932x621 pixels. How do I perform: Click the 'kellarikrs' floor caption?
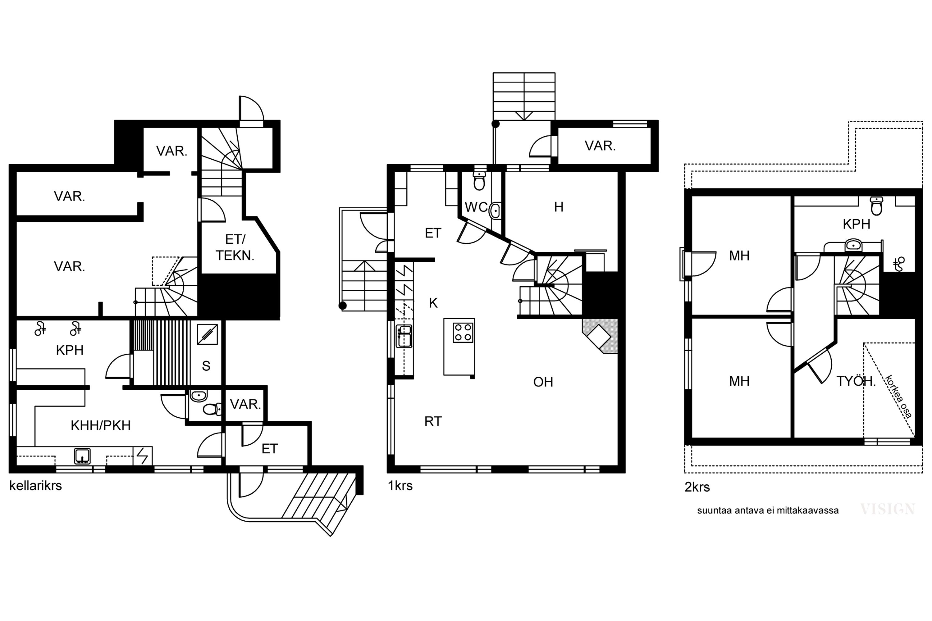[x=36, y=486]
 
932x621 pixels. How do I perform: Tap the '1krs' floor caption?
[x=400, y=486]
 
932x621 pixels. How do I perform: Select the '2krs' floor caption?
[x=697, y=487]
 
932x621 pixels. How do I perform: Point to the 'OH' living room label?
[x=543, y=382]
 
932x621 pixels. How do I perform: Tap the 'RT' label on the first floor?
[x=433, y=421]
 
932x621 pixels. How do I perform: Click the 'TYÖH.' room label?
[x=856, y=381]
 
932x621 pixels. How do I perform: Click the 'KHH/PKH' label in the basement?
[x=101, y=425]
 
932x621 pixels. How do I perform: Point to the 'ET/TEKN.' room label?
[x=235, y=247]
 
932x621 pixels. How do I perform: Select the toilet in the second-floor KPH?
[x=876, y=206]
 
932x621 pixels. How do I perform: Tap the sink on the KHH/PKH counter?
[x=82, y=456]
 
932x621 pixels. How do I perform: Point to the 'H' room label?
[x=559, y=207]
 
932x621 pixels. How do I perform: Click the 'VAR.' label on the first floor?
[x=600, y=146]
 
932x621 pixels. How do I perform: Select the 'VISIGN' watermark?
[x=888, y=509]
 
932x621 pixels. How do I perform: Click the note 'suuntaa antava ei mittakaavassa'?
[x=768, y=510]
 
